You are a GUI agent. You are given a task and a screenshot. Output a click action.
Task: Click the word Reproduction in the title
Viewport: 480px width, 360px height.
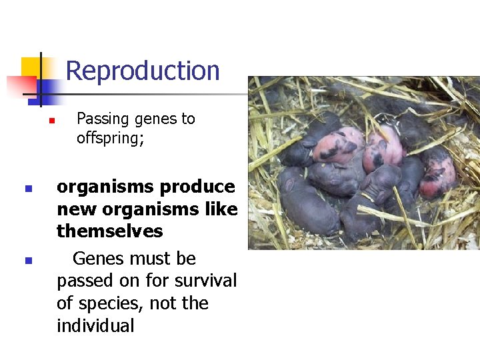pyautogui.click(x=143, y=71)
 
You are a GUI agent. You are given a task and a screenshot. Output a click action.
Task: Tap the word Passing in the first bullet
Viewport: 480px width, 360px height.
pyautogui.click(x=103, y=119)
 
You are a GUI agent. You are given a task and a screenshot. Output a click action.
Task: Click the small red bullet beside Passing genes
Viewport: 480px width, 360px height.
pyautogui.click(x=49, y=121)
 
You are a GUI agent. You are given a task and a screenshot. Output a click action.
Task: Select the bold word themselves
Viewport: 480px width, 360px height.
pyautogui.click(x=110, y=231)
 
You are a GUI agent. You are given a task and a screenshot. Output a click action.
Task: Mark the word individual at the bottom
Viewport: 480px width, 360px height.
pyautogui.click(x=95, y=326)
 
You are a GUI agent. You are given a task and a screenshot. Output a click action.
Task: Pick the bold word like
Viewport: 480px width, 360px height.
pyautogui.click(x=222, y=209)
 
